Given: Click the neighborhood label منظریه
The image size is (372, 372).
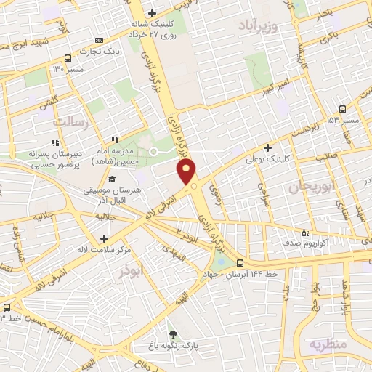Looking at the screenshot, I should tap(328, 343).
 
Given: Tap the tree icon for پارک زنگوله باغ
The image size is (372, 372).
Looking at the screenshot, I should tap(171, 333).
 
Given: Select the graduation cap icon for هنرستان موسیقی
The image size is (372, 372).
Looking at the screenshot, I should tap(111, 179).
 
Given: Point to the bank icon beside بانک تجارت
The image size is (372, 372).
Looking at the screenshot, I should tap(100, 40).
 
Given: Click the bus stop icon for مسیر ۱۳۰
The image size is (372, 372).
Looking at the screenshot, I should tap(68, 58).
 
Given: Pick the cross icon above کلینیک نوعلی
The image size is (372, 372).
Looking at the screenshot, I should tap(268, 147).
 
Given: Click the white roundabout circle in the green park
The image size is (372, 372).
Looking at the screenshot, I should tap(153, 151).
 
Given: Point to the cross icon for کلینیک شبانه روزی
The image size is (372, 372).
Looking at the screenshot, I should tap(151, 13).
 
